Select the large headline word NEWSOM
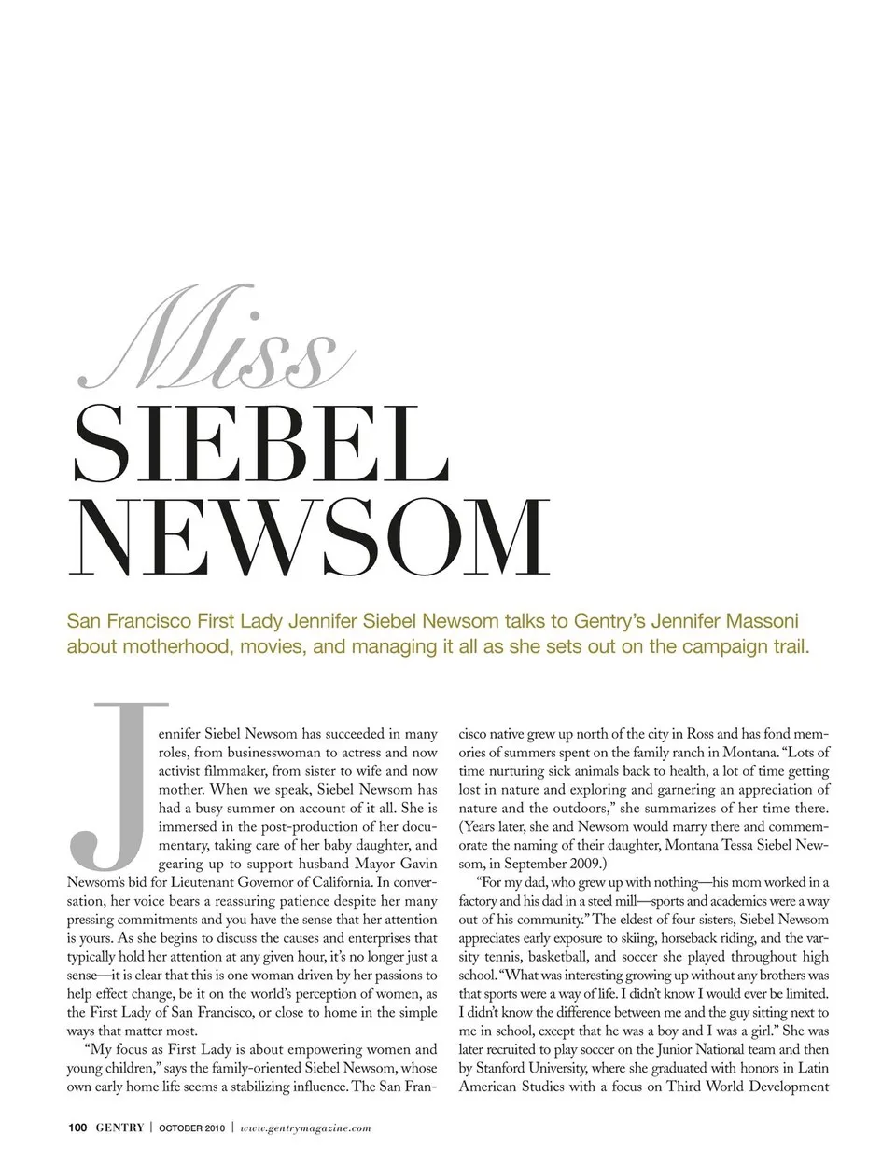coord(309,540)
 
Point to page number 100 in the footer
coord(77,1128)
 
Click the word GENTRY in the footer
coord(119,1128)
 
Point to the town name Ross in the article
coord(700,734)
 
